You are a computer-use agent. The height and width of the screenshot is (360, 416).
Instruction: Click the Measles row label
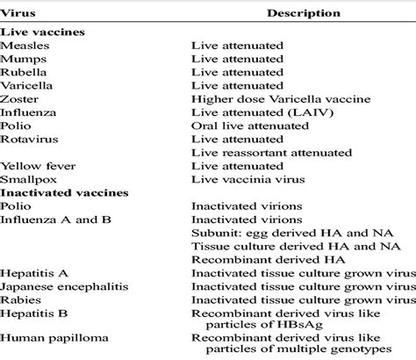pos(25,45)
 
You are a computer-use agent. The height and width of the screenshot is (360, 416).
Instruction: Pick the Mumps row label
pos(23,58)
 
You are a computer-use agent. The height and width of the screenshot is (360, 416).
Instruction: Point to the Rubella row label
pos(24,72)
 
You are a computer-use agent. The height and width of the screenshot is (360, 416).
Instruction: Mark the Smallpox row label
pos(27,178)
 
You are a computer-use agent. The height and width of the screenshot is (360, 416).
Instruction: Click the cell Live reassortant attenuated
pos(265,152)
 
